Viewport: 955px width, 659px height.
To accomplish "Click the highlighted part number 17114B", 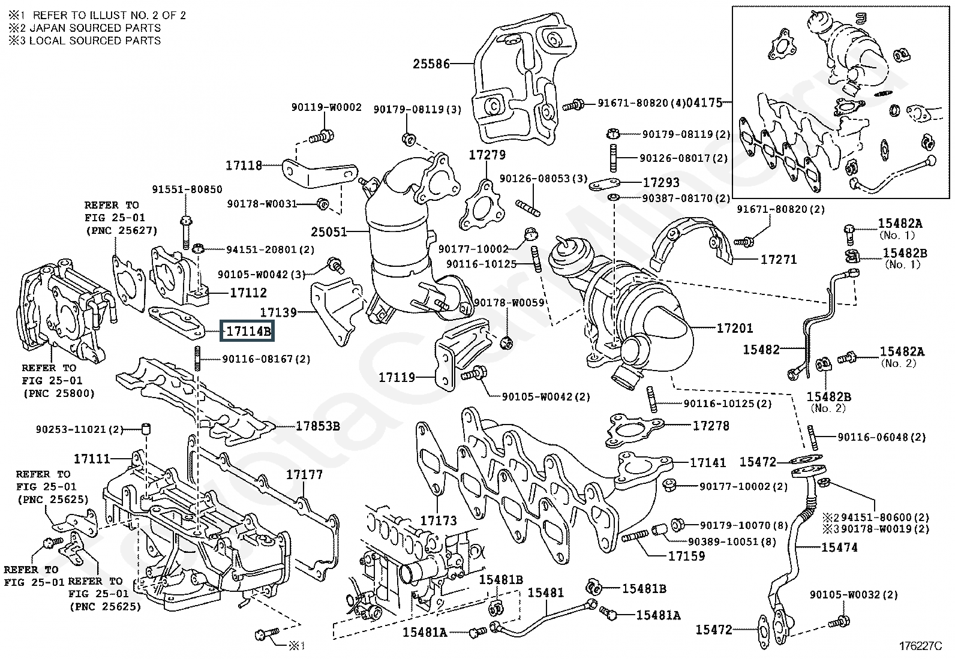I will coord(248,330).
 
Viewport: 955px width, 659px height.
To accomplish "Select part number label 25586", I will coord(431,63).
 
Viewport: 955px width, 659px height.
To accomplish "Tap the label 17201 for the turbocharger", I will coord(734,328).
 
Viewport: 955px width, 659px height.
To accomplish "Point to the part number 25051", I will coord(329,231).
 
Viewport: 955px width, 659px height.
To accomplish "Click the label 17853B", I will coord(317,426).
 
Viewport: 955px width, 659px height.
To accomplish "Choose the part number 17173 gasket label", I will coord(438,520).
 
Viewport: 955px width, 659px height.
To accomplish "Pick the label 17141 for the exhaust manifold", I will coord(708,462).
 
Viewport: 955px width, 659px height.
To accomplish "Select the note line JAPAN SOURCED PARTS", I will coord(85,28).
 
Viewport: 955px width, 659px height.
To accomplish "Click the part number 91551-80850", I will coord(187,189).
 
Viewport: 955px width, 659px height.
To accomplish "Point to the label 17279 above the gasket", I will coord(487,155).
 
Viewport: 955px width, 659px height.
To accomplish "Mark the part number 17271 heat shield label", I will coord(778,260).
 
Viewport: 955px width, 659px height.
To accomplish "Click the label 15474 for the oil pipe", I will coord(839,547).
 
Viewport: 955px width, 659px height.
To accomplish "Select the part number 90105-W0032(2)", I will coord(854,595).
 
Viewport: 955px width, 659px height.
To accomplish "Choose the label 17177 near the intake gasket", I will coord(304,474).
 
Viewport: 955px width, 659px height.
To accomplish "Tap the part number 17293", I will coord(661,182).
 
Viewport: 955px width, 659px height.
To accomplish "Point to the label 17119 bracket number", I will coord(397,378).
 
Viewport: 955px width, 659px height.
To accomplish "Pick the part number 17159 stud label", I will coord(686,555).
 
